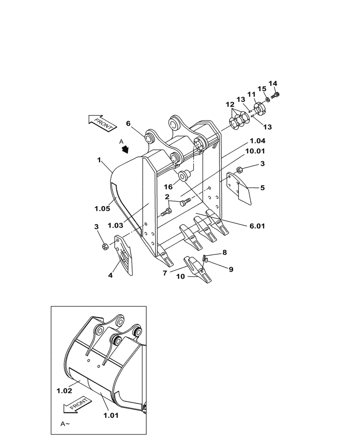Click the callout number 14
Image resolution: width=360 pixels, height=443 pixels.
coord(273,83)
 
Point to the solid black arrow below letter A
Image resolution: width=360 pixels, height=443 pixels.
coord(126,149)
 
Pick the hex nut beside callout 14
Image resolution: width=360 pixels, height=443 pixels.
coord(277,94)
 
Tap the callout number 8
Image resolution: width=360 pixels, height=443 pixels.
coord(225,253)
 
